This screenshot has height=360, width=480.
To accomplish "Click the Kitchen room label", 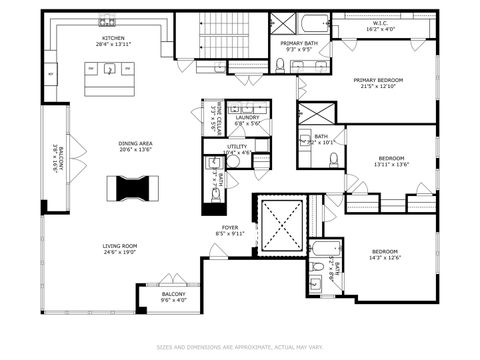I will (111, 38).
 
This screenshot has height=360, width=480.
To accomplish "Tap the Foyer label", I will (230, 228).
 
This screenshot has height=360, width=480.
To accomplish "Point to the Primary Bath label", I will (299, 43).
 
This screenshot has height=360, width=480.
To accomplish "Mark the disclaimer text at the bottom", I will (240, 347).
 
